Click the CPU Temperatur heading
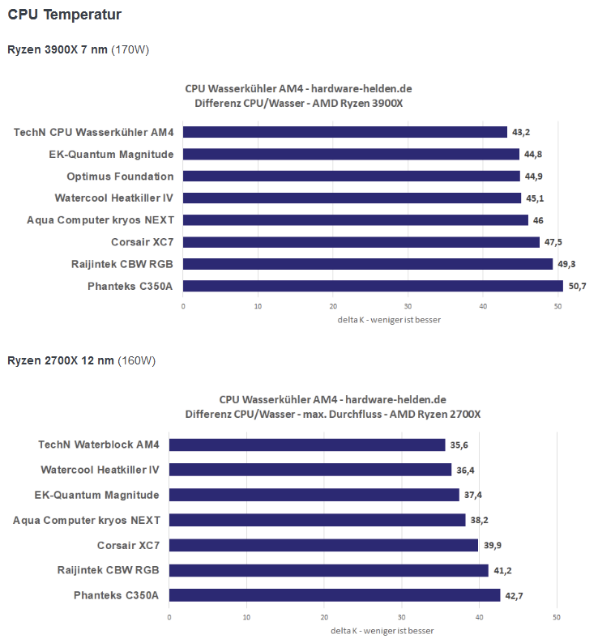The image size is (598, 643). [x=65, y=15]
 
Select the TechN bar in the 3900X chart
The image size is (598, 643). [x=345, y=132]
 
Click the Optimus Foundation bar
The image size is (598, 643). [x=352, y=176]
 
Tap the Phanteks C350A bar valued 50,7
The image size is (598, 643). [x=373, y=286]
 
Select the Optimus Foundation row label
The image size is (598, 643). [x=120, y=176]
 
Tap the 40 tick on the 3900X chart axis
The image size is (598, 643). [x=483, y=306]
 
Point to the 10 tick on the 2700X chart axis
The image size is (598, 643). [x=246, y=617]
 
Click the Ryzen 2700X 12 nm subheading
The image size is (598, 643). [x=61, y=360]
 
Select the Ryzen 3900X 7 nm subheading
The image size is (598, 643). [x=58, y=50]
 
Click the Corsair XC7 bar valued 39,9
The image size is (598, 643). [x=323, y=545]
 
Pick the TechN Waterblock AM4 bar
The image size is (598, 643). [x=306, y=445]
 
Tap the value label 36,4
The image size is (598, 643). [x=467, y=470]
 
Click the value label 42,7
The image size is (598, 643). [x=515, y=595]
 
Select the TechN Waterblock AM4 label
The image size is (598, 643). [x=99, y=445]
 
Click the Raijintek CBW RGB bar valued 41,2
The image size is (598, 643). [x=328, y=570]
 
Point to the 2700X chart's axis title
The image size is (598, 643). [x=382, y=631]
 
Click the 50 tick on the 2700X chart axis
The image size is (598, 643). [x=556, y=617]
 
